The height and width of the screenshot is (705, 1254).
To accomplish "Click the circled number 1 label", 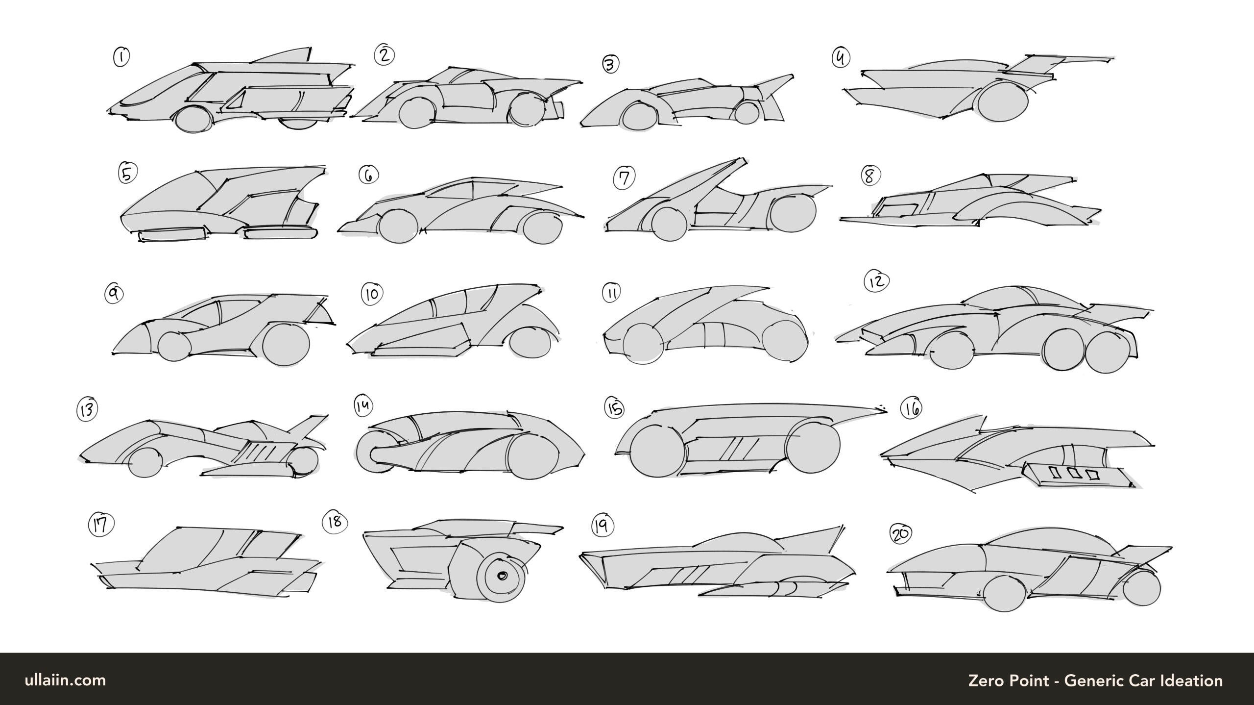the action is click(121, 57).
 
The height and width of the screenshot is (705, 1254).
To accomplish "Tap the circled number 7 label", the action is click(624, 177).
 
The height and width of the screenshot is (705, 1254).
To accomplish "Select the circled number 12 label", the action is click(876, 281).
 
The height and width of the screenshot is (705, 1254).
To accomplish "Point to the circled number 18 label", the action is click(335, 522).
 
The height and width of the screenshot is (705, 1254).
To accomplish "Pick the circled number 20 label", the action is click(900, 534).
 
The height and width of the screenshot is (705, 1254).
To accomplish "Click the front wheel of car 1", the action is click(193, 119).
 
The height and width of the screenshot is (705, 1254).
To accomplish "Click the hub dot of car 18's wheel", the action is click(502, 576).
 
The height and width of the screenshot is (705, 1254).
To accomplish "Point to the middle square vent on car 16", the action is click(1074, 473).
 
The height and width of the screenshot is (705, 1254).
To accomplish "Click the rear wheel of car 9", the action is click(286, 344).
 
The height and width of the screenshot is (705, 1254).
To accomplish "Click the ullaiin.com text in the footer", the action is click(65, 680).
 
